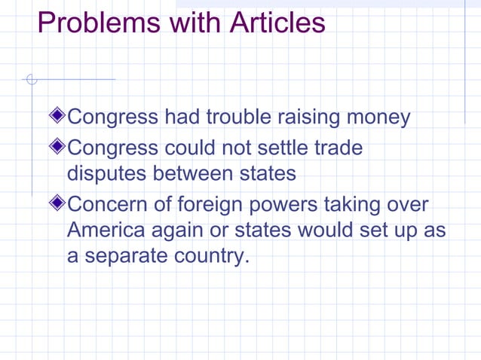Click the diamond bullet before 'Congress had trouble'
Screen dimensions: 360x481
pos(58,117)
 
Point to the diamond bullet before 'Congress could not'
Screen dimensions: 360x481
pos(58,147)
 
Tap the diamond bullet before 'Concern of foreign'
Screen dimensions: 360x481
pos(58,203)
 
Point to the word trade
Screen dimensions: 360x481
pos(338,148)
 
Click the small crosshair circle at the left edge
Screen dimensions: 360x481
pos(31,78)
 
